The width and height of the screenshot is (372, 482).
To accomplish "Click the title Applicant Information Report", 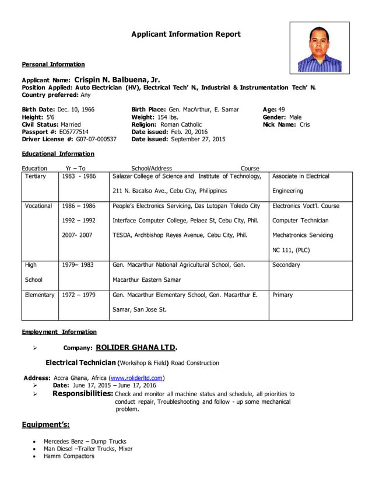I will pyautogui.click(x=185, y=34).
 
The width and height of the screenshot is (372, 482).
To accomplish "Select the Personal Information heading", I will pyautogui.click(x=53, y=64).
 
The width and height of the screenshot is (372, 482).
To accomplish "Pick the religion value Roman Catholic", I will pyautogui.click(x=181, y=124).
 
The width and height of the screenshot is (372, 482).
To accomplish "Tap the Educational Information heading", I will pyautogui.click(x=58, y=154).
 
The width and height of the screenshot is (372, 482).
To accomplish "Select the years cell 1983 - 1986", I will pyautogui.click(x=79, y=176).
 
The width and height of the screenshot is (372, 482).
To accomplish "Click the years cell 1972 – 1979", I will pyautogui.click(x=79, y=295).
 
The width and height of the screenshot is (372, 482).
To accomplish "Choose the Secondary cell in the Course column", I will pyautogui.click(x=286, y=265).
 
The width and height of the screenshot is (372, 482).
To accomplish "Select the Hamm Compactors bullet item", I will pyautogui.click(x=69, y=456).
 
